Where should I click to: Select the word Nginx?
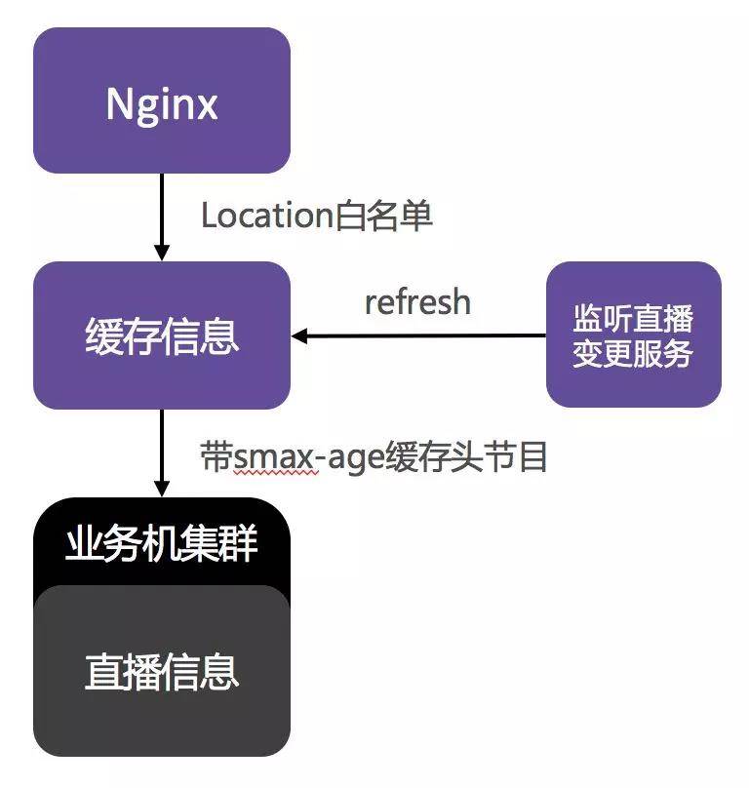(x=162, y=103)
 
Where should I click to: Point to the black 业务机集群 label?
(x=162, y=543)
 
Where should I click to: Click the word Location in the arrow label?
(x=266, y=216)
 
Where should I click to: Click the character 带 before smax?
(x=216, y=456)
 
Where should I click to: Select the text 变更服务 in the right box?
(x=633, y=353)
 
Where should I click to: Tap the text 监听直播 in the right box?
(x=633, y=319)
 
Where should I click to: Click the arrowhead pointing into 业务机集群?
(x=162, y=487)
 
